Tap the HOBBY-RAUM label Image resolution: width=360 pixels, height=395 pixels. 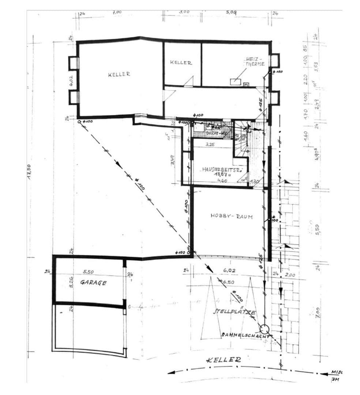232,216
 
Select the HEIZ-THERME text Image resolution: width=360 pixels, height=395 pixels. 253,61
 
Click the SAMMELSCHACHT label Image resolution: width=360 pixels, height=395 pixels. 245,335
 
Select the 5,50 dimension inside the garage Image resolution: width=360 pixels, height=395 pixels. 88,272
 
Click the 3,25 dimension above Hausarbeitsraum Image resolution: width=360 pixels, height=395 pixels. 210,144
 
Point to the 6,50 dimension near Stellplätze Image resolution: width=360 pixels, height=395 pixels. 228,282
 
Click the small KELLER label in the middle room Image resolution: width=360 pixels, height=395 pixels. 181,63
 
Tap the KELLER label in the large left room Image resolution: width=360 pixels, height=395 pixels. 119,74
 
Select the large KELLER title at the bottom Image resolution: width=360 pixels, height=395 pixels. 224,360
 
